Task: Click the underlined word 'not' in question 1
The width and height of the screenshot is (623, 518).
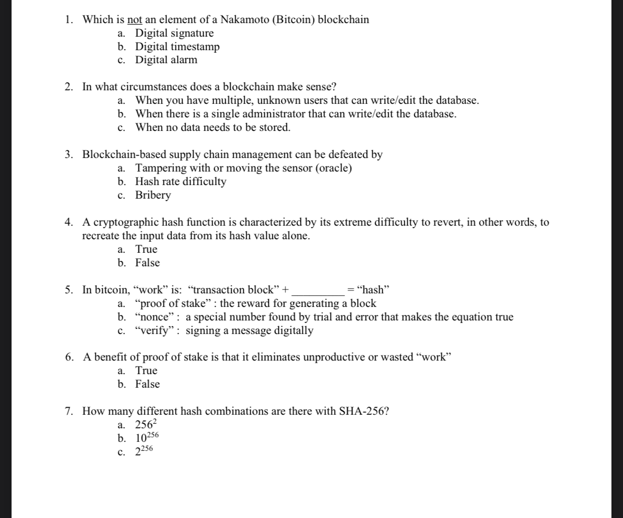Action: coord(135,20)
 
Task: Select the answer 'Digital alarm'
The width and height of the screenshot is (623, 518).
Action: coord(166,60)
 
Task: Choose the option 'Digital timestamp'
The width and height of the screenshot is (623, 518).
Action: coord(177,47)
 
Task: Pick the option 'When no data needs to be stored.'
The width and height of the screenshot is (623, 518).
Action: coord(213,127)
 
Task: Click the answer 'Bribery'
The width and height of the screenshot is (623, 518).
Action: coord(153,195)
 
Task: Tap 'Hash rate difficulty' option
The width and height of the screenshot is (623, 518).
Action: coord(181,182)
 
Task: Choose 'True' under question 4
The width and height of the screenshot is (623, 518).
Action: coord(146,249)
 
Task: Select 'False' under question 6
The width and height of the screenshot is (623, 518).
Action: coord(147,384)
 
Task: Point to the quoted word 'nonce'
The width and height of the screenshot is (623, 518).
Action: coord(157,317)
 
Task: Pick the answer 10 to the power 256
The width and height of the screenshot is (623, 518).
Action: coord(146,437)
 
